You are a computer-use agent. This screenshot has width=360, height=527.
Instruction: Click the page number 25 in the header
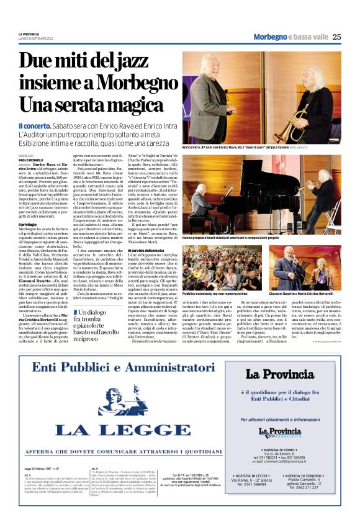[336, 37]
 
